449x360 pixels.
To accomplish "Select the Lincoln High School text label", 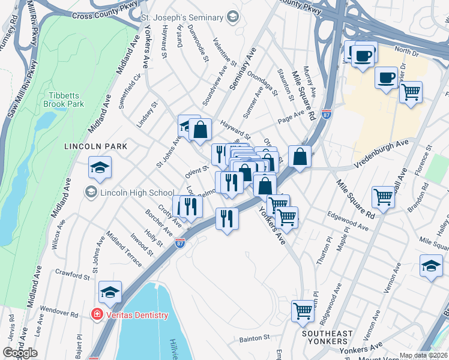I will (137, 193).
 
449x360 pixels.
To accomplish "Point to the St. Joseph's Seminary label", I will (182, 18).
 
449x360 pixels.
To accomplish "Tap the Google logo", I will (20, 353).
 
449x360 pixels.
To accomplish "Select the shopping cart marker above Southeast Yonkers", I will (303, 311).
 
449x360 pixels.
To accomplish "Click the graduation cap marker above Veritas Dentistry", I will (110, 292).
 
